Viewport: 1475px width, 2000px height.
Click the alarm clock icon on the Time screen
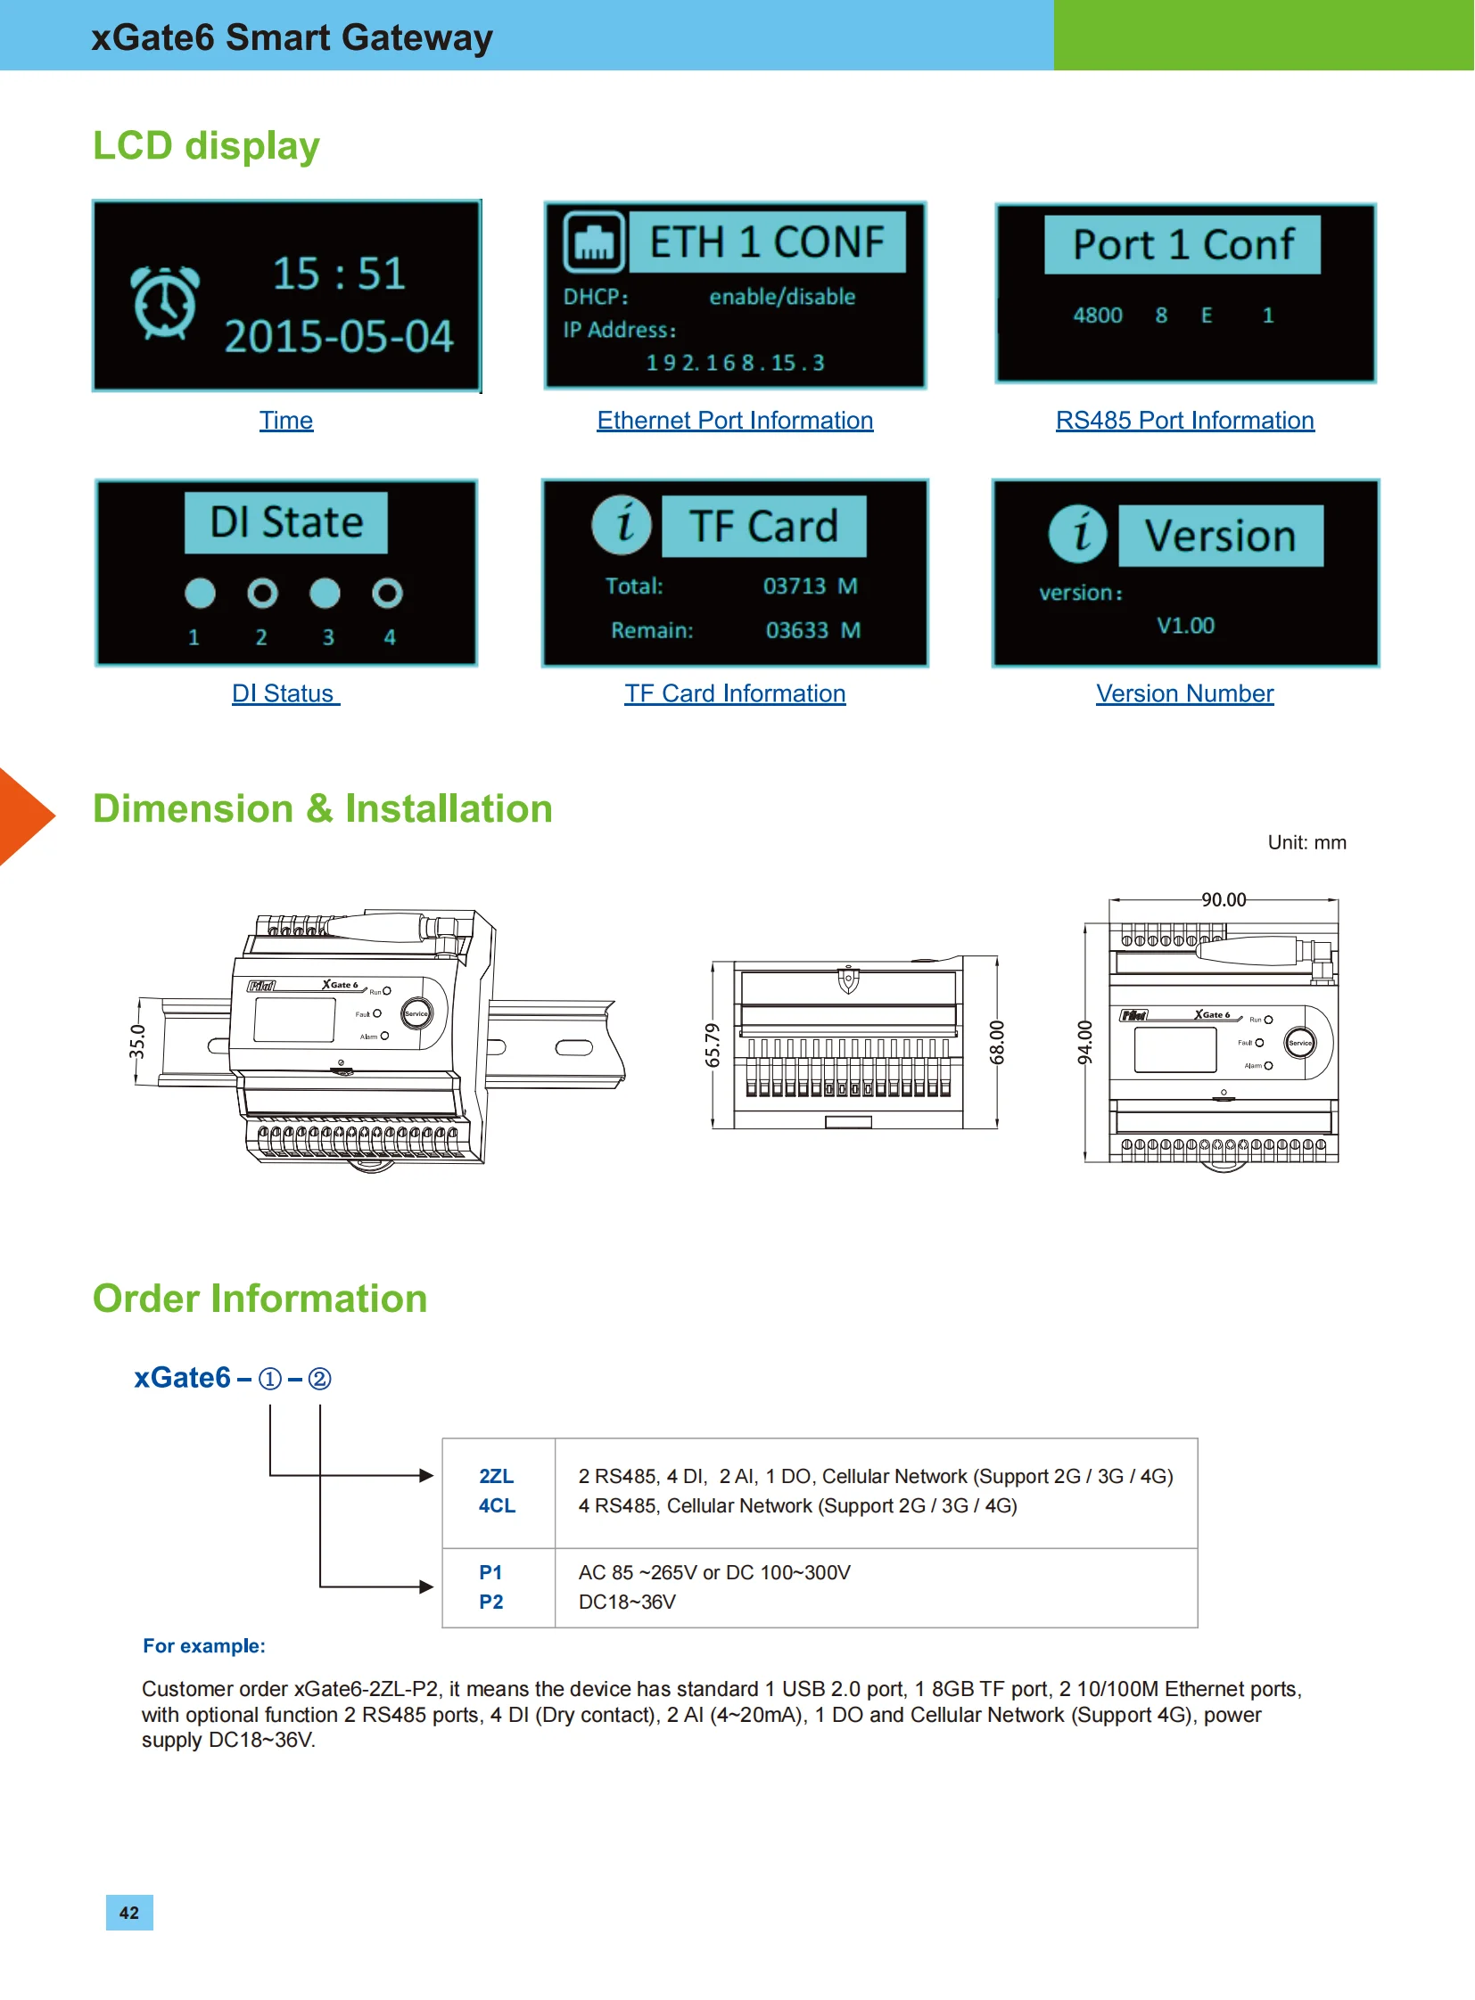164,302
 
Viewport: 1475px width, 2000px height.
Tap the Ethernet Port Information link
735,421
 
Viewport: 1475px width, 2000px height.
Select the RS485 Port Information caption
1185,421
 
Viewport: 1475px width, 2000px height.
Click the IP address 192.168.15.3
736,363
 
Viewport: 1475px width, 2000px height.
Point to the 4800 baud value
1097,315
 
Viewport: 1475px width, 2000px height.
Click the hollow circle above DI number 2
262,593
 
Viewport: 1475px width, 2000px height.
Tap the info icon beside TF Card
622,524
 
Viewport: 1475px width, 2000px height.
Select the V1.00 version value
1186,626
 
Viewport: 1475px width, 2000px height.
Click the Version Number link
1185,693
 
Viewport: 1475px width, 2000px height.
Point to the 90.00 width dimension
1224,899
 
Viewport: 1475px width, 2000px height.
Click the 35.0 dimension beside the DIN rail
136,1042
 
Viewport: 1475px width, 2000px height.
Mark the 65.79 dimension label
713,1045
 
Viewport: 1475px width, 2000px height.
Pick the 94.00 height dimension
1084,1043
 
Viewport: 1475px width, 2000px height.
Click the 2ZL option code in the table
497,1476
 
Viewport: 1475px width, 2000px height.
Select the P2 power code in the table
491,1602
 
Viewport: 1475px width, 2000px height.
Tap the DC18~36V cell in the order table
627,1602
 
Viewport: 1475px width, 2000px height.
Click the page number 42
129,1913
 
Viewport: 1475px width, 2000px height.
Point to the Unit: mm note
1307,842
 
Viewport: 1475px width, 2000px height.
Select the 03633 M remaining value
813,630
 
